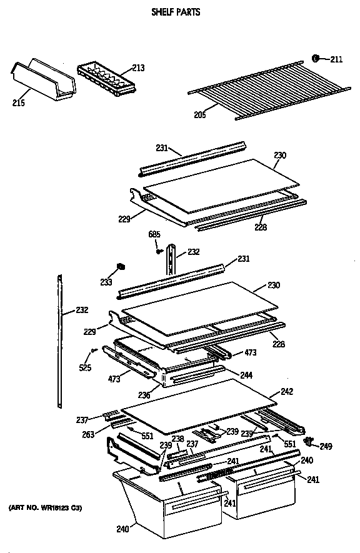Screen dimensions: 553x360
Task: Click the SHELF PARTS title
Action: pos(176,12)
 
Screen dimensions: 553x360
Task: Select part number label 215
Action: pos(19,102)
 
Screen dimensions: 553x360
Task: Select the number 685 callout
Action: pos(154,235)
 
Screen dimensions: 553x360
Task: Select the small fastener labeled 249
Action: pos(308,441)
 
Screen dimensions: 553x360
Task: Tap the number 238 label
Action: pos(178,439)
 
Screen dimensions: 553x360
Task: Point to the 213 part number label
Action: pos(139,69)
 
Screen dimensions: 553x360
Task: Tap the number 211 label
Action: pos(336,60)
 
